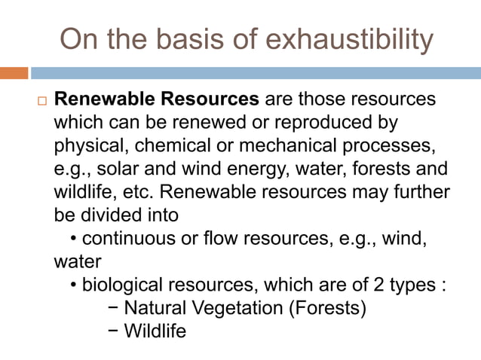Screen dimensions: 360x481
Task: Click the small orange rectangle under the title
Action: point(14,73)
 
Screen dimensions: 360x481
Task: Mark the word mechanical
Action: point(298,145)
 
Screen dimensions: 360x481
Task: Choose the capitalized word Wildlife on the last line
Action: point(155,331)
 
